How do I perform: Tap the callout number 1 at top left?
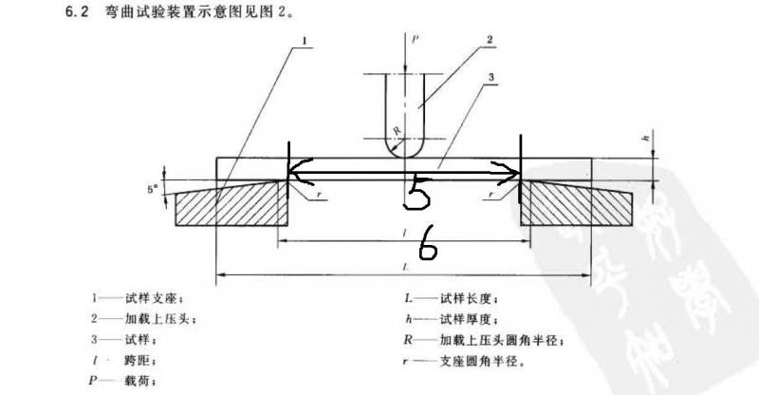305,41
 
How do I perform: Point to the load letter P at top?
417,40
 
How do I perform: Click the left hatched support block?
232,205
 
